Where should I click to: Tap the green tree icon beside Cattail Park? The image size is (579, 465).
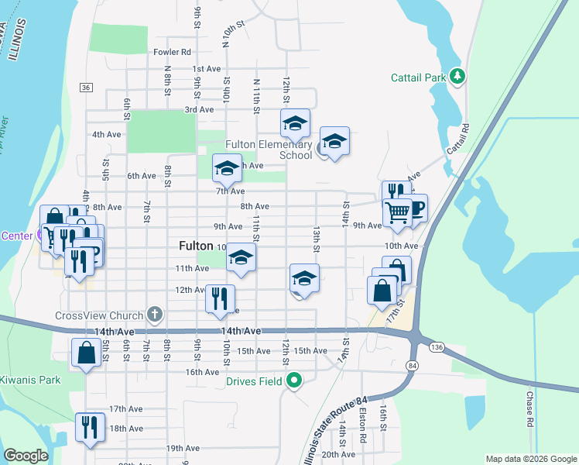pyautogui.click(x=458, y=76)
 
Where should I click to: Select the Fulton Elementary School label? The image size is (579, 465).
pyautogui.click(x=268, y=150)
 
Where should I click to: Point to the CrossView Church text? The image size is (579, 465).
pyautogui.click(x=99, y=315)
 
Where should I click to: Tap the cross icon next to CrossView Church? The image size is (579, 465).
pyautogui.click(x=155, y=315)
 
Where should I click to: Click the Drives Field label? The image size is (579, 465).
pyautogui.click(x=253, y=381)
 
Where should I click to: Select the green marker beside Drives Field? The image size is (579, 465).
pyautogui.click(x=293, y=380)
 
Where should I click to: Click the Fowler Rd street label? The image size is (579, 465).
pyautogui.click(x=172, y=52)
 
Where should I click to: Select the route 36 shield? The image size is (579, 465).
pyautogui.click(x=86, y=86)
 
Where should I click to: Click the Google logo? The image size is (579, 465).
pyautogui.click(x=26, y=456)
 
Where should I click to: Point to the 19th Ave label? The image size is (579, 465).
pyautogui.click(x=183, y=448)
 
